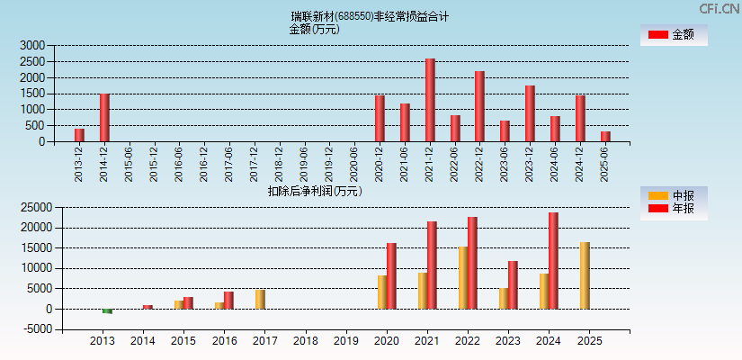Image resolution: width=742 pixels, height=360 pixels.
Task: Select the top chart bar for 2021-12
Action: tap(430, 100)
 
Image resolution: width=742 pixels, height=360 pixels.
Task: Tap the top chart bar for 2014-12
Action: tap(104, 117)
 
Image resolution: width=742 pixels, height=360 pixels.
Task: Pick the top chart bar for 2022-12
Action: tap(479, 106)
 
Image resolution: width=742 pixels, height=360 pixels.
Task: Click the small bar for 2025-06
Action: tap(605, 136)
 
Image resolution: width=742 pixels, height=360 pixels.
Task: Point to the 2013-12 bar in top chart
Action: tap(79, 135)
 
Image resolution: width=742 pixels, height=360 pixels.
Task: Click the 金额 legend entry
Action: tap(674, 35)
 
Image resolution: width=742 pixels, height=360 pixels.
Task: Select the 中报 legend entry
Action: tap(674, 195)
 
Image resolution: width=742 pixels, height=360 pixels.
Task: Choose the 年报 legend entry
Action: tap(674, 209)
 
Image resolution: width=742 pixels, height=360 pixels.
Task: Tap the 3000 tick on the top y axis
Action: tap(31, 45)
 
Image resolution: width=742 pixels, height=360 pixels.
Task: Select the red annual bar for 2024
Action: tap(553, 261)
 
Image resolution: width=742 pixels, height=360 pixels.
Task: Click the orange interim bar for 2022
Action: tap(462, 278)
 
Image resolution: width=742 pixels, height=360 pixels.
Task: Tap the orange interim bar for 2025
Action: tap(585, 275)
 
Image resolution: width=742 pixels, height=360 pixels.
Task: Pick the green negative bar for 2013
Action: tap(107, 310)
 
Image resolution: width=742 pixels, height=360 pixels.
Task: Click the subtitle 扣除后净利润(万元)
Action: tap(315, 191)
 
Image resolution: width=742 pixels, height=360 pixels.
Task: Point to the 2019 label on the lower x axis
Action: tap(345, 341)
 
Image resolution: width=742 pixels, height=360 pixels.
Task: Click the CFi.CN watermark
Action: tap(719, 9)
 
